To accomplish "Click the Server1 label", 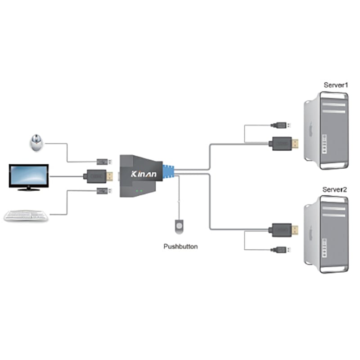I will [x=336, y=85].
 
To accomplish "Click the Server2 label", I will [x=335, y=189].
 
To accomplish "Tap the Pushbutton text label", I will [x=180, y=246].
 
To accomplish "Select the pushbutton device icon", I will [x=180, y=226].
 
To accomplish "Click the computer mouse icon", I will [x=37, y=143].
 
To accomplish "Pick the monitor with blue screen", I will [x=29, y=176].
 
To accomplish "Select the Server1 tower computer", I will [x=327, y=130].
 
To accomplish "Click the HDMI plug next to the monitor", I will [x=98, y=176].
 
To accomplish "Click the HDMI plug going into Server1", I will [x=283, y=144].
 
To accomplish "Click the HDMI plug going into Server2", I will [x=283, y=230].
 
